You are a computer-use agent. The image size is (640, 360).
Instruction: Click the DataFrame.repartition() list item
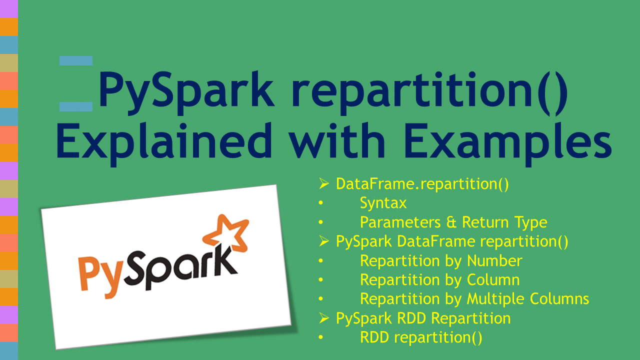point(422,184)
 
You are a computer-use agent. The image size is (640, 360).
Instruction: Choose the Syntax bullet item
point(383,203)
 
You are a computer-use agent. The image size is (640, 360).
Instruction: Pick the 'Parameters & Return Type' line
point(453,222)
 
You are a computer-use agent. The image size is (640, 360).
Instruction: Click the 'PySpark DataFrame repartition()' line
point(452,241)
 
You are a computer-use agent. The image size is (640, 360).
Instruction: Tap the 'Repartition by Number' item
point(441,260)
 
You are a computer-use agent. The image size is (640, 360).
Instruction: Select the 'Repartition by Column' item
point(440,279)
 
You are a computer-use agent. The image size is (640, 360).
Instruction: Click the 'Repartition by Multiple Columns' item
point(474,299)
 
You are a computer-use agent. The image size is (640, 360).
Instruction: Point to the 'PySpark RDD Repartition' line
point(423,318)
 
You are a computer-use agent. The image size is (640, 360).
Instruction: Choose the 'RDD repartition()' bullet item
point(421,337)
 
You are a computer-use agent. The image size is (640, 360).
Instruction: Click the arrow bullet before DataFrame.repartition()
point(323,184)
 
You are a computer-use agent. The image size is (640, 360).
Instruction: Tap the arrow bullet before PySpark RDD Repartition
point(323,318)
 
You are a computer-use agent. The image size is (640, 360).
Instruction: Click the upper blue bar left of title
point(76,61)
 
